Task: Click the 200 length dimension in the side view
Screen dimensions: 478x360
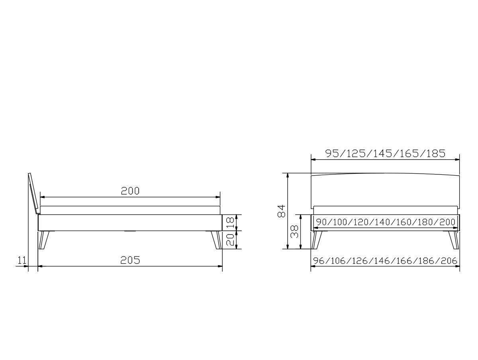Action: click(x=130, y=191)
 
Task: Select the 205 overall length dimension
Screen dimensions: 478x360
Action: click(x=130, y=260)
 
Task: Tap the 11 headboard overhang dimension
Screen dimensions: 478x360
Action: click(x=22, y=260)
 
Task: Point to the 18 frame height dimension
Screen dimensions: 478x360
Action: click(x=230, y=223)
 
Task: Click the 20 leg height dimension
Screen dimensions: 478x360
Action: click(x=230, y=240)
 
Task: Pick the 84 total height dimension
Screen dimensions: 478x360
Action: click(x=281, y=211)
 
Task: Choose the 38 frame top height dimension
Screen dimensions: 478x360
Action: click(x=294, y=232)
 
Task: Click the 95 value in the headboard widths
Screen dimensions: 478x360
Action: click(x=332, y=153)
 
